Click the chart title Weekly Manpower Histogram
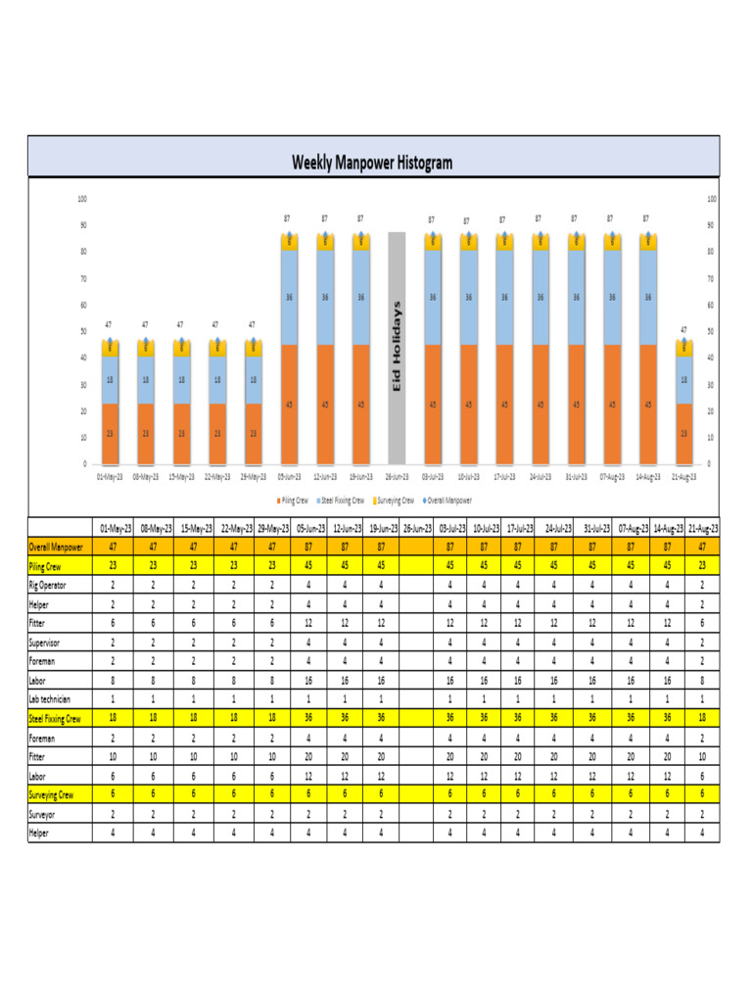click(x=372, y=163)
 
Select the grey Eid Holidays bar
click(x=397, y=348)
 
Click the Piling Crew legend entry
click(x=294, y=500)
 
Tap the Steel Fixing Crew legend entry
click(x=342, y=500)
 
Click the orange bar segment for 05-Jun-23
click(x=289, y=404)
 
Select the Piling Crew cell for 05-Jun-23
click(x=308, y=566)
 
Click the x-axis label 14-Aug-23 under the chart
click(x=648, y=477)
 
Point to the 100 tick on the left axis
click(x=82, y=199)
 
